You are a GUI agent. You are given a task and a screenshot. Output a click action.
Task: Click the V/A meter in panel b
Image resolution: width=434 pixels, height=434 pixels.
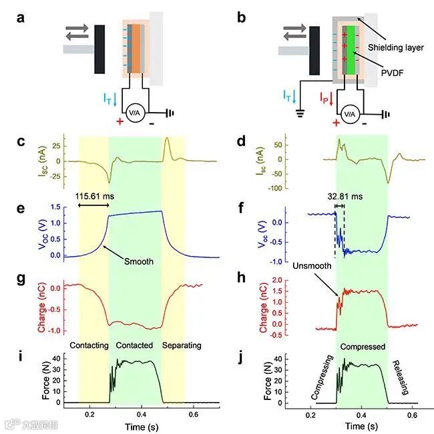pos(349,114)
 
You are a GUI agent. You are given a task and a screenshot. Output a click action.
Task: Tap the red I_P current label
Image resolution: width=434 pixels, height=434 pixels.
pos(324,99)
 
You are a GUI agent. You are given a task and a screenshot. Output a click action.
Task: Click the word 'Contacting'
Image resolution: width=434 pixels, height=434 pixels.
pos(90,345)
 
